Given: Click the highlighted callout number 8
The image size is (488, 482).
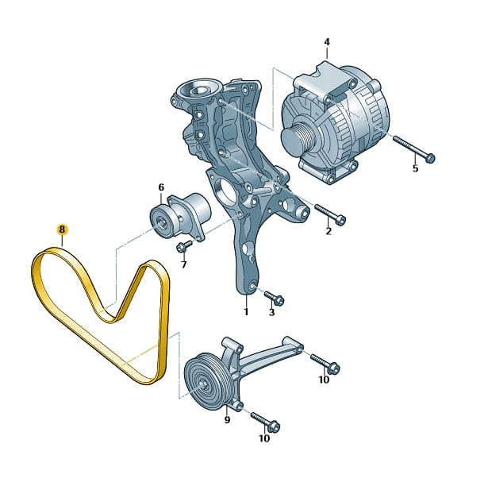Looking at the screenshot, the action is coord(62,229).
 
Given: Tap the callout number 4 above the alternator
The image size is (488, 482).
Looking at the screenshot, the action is coord(326,42).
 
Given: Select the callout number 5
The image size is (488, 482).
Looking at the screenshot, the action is coord(416,168).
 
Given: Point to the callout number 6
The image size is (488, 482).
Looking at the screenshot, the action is coord(161,187).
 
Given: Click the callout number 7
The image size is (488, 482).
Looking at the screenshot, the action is coord(183,264).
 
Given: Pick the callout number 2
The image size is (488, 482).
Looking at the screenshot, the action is coord(329,231).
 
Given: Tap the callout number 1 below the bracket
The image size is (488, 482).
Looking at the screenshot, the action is coord(246,311).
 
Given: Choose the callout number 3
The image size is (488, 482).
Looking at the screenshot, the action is coord(271,312).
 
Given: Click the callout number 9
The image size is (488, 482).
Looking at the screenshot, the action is coord(227,420).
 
